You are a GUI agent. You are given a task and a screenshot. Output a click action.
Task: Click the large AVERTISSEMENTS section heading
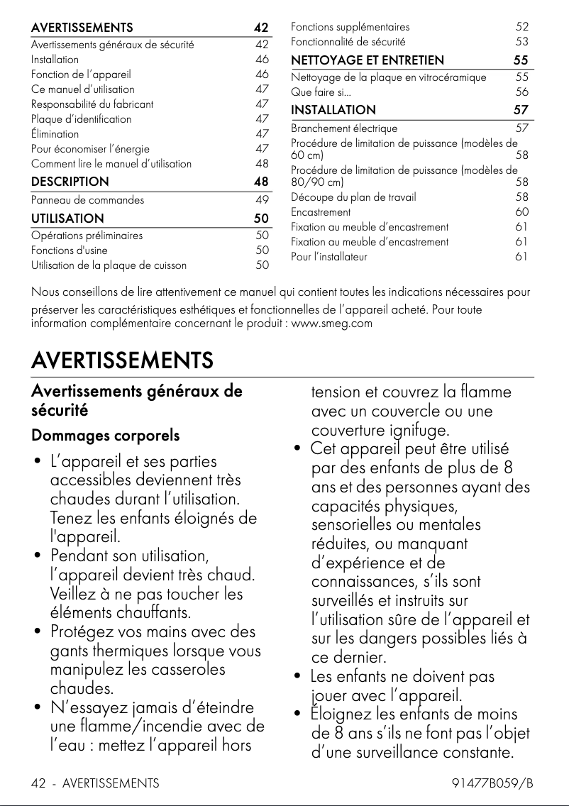(x=122, y=360)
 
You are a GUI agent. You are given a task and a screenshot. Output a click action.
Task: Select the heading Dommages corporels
(x=105, y=435)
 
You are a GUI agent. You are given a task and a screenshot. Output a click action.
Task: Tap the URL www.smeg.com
(x=332, y=324)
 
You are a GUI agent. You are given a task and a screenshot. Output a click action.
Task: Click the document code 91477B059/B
(x=492, y=783)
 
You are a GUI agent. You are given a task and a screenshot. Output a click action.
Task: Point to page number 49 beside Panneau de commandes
(x=262, y=200)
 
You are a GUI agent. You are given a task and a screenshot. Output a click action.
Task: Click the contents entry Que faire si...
(x=321, y=92)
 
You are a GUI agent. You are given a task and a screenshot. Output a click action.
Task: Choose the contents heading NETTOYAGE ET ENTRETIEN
(x=368, y=60)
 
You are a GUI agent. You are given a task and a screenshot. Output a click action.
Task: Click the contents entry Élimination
(x=55, y=133)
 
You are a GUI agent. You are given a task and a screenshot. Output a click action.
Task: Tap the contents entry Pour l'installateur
(x=329, y=257)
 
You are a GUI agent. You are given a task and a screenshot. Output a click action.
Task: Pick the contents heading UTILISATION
(x=67, y=219)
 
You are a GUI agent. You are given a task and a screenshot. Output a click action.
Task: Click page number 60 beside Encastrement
(x=521, y=212)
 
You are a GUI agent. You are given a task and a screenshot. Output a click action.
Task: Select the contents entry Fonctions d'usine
(x=69, y=250)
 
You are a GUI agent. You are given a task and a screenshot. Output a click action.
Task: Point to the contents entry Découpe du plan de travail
(x=353, y=197)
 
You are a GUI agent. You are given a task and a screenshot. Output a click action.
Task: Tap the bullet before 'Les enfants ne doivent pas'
(x=298, y=677)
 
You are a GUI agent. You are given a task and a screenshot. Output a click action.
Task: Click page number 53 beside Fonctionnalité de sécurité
(x=521, y=42)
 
